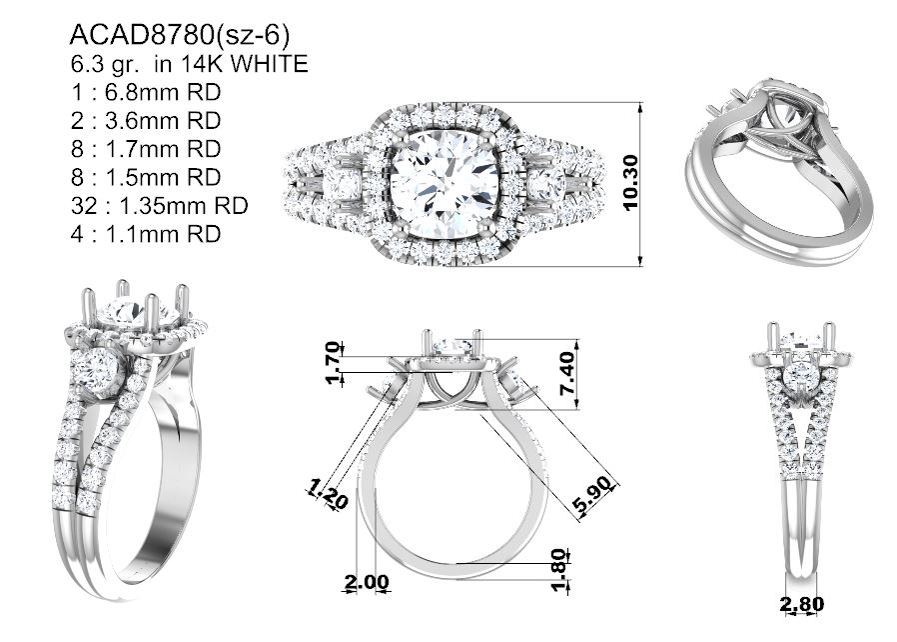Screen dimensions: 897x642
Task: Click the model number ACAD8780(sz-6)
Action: pos(179,36)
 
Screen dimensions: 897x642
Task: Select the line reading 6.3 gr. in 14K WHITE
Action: pos(190,64)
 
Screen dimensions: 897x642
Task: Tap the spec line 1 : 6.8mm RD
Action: pos(146,92)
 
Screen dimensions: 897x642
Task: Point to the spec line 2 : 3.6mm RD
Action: pos(146,121)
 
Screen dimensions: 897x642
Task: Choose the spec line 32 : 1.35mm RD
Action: pos(159,206)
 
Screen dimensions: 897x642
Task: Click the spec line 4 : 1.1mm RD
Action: pos(146,234)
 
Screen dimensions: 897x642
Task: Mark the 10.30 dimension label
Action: pos(630,183)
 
